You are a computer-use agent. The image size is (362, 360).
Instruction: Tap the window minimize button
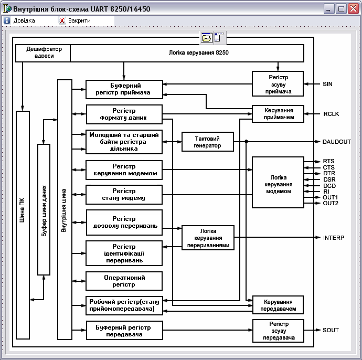pos(329,9)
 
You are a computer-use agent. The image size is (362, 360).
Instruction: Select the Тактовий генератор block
pos(208,142)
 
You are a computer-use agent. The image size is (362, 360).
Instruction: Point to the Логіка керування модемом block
pos(278,182)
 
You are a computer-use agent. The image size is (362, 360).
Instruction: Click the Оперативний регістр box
pos(124,281)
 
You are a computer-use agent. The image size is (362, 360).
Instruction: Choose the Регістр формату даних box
pos(124,114)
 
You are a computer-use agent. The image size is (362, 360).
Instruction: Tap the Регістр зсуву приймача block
pos(278,84)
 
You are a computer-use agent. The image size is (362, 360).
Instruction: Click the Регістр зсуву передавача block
pos(278,331)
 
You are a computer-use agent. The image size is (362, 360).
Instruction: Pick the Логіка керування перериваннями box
pos(208,238)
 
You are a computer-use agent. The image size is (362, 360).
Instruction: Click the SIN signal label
pos(327,84)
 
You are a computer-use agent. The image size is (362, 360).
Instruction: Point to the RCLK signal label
pos(331,114)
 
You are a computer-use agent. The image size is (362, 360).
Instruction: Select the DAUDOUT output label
pos(337,142)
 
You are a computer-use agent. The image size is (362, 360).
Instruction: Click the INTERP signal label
pos(334,238)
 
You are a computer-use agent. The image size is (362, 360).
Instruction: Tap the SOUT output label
pos(331,330)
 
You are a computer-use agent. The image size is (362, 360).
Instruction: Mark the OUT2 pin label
pos(331,203)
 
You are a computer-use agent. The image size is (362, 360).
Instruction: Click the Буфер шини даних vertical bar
pos(44,209)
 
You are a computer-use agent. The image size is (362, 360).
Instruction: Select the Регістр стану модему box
pos(124,194)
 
